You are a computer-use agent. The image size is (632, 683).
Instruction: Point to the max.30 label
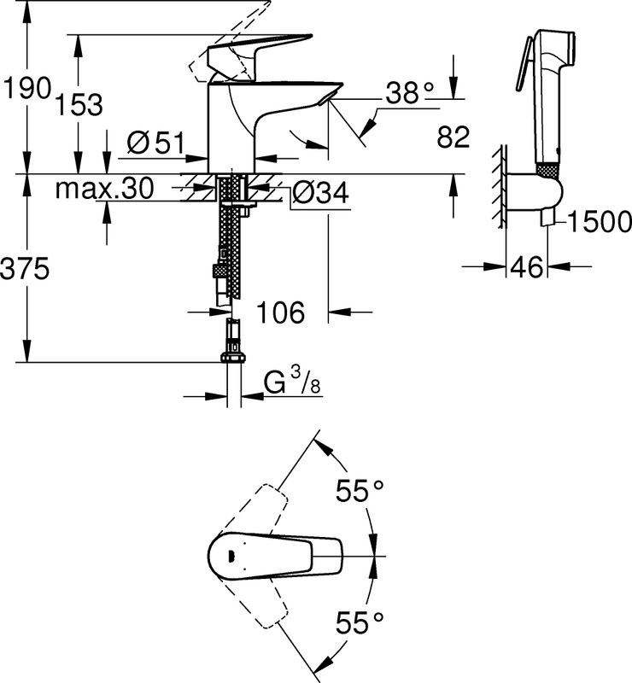104,189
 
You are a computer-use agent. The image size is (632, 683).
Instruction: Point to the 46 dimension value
527,268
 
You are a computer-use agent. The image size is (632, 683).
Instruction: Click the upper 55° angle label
359,493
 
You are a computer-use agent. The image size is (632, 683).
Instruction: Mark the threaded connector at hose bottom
231,346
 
